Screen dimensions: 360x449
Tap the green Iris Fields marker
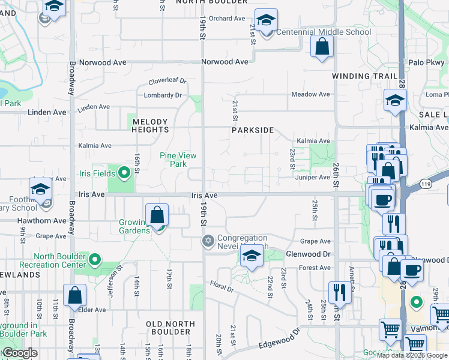pyautogui.click(x=124, y=174)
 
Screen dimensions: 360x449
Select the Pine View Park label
pyautogui.click(x=178, y=160)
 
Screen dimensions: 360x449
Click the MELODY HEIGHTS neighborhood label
pyautogui.click(x=151, y=125)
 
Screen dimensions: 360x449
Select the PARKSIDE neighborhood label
pyautogui.click(x=253, y=130)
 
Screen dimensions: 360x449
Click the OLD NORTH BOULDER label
pyautogui.click(x=170, y=329)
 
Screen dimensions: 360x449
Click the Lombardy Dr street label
pyautogui.click(x=162, y=95)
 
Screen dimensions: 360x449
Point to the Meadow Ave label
pyautogui.click(x=310, y=94)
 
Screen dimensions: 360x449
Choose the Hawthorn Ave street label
pyautogui.click(x=42, y=220)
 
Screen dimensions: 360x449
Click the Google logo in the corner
pyautogui.click(x=20, y=353)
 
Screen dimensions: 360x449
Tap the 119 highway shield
pyautogui.click(x=426, y=183)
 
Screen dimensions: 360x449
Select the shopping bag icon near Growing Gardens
pyautogui.click(x=157, y=215)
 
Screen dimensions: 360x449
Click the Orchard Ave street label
pyautogui.click(x=228, y=19)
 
